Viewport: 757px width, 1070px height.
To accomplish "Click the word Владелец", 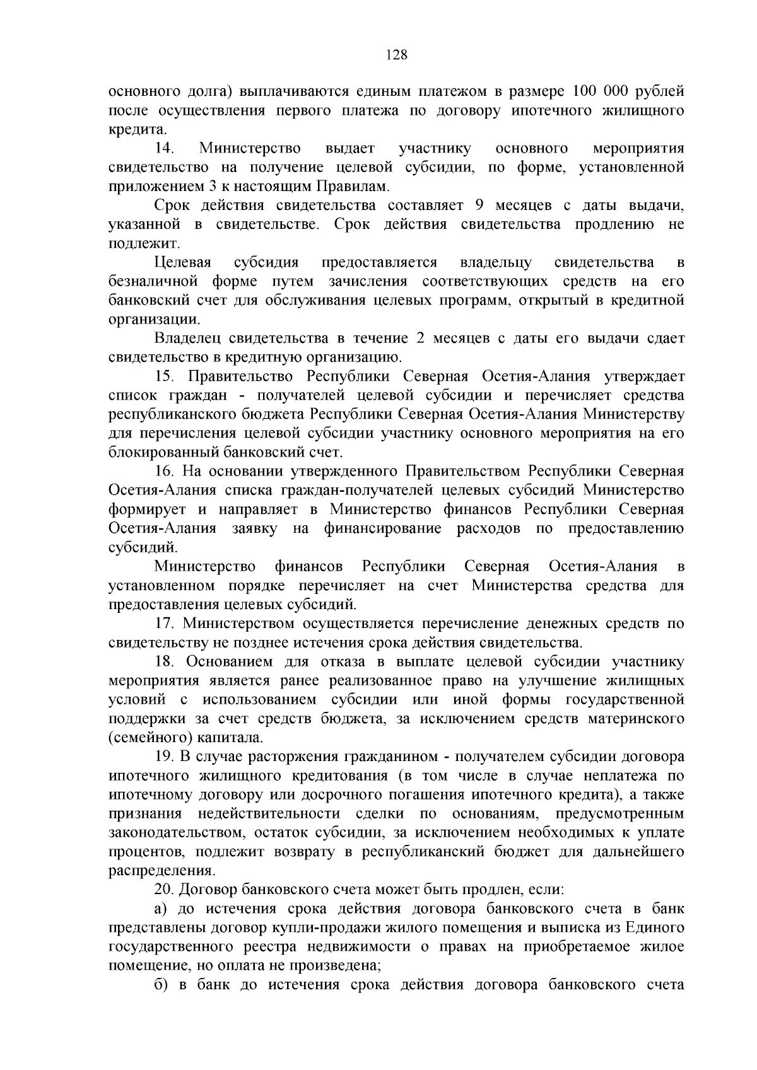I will pyautogui.click(x=186, y=339).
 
